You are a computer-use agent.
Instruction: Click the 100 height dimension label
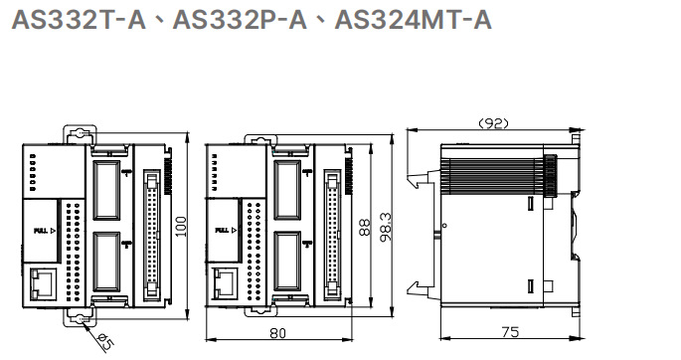click(181, 227)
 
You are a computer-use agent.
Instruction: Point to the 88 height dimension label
click(363, 227)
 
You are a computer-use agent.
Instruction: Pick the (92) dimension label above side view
click(494, 123)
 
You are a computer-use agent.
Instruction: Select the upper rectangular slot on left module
click(105, 190)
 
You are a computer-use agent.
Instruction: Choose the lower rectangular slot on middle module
click(287, 262)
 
